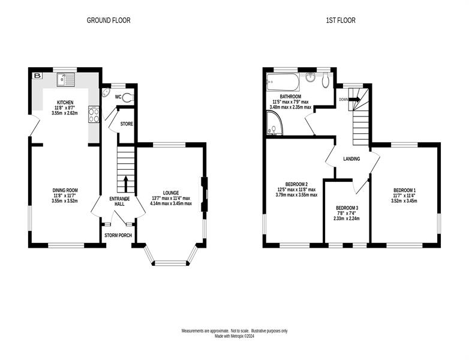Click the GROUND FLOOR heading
[x=109, y=20]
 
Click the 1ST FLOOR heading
[x=341, y=20]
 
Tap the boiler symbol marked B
[x=37, y=76]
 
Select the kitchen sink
[x=66, y=80]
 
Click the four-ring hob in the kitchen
[x=94, y=115]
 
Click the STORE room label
[x=127, y=124]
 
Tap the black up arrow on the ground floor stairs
[x=125, y=184]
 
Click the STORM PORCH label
[x=118, y=236]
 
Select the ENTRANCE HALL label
[x=119, y=202]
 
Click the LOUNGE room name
[x=171, y=193]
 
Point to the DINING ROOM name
[x=65, y=190]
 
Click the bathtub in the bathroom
[x=283, y=82]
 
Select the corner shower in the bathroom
[x=274, y=123]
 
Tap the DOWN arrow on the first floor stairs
[x=354, y=99]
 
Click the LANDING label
[x=351, y=159]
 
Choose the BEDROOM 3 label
[x=347, y=208]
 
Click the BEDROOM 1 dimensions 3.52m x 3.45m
[x=404, y=201]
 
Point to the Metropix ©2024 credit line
[x=235, y=337]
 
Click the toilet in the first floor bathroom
[x=326, y=80]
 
